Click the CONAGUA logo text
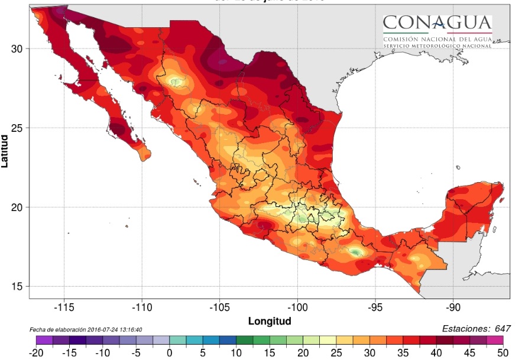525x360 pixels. coord(437,23)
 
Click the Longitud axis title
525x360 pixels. coord(270,322)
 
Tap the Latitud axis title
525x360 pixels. coord(5,151)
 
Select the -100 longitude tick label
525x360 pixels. coord(297,307)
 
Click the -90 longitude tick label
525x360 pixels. coord(453,307)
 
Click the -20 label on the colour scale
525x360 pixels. coord(36,352)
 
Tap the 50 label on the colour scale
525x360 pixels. coord(503,352)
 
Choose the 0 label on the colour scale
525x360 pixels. coord(169,352)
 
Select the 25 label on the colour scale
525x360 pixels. coord(336,352)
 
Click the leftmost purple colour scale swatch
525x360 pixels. coord(44,340)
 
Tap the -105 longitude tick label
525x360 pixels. coord(219,307)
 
